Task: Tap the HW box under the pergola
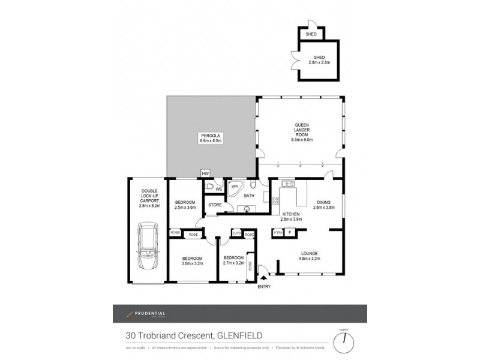tap(205, 173)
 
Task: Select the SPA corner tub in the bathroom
tap(235, 187)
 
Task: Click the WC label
tap(220, 189)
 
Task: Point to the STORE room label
tap(215, 205)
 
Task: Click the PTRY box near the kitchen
tap(278, 232)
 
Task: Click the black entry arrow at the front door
tap(263, 277)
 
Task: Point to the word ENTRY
tap(263, 286)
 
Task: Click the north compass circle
tap(344, 343)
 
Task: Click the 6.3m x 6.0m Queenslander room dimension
tap(301, 140)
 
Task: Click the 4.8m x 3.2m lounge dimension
tap(310, 259)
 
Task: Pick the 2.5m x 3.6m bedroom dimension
tap(185, 207)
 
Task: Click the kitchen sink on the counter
tap(286, 183)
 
